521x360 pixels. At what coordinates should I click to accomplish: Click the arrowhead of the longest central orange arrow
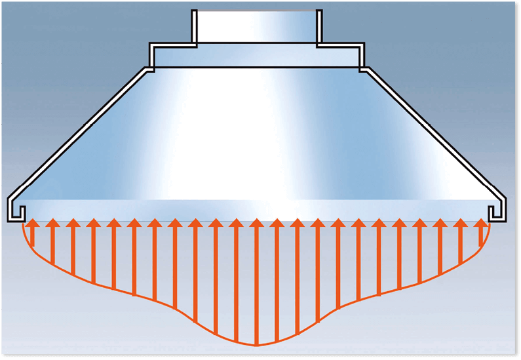coord(256,224)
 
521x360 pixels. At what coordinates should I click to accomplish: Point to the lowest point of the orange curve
coord(256,345)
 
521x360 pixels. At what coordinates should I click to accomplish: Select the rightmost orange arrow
coord(482,233)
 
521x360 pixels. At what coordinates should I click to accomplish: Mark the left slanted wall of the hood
coord(79,130)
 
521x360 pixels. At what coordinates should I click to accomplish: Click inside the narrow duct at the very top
coord(256,26)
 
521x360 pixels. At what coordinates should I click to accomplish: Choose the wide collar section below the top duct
coord(256,56)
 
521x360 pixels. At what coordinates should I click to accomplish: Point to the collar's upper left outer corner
coord(151,45)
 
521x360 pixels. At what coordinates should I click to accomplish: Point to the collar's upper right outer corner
coord(362,45)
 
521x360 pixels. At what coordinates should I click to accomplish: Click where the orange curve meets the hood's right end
coord(490,224)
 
